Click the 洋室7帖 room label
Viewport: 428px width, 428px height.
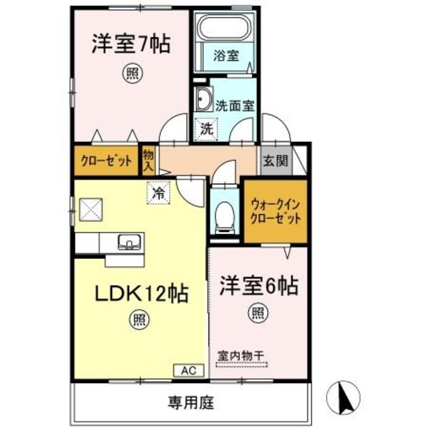tap(130, 44)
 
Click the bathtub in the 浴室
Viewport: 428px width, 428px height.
tap(225, 29)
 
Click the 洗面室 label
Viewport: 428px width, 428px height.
tap(235, 104)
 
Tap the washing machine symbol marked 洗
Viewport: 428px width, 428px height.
tap(206, 129)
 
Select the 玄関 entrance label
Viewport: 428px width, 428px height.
tap(274, 160)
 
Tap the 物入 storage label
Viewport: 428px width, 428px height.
tap(148, 160)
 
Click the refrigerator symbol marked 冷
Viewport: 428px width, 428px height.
tap(159, 192)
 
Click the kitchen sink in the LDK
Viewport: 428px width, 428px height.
tap(129, 241)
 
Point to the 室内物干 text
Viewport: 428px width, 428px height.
tap(243, 354)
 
